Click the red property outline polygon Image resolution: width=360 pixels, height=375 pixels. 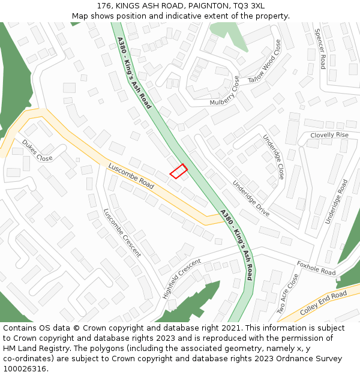(178, 171)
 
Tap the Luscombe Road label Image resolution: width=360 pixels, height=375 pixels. (131, 176)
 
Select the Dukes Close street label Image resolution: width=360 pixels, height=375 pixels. (37, 151)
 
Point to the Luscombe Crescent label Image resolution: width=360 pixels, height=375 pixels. (122, 233)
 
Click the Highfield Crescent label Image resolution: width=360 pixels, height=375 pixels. (181, 278)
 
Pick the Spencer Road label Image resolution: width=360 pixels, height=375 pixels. (319, 49)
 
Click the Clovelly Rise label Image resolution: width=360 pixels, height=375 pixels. (329, 136)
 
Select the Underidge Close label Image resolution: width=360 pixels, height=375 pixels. (273, 157)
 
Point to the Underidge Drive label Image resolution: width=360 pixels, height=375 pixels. (251, 199)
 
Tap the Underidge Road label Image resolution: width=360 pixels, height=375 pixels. (336, 202)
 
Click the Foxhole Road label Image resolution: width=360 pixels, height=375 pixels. (316, 268)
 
